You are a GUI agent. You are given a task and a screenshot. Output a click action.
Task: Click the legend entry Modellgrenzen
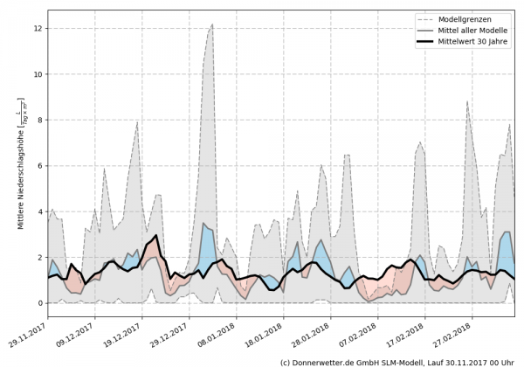click(479, 17)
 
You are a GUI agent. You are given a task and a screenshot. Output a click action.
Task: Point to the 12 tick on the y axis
click(38, 29)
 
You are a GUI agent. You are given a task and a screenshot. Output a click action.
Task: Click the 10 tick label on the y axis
click(38, 74)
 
